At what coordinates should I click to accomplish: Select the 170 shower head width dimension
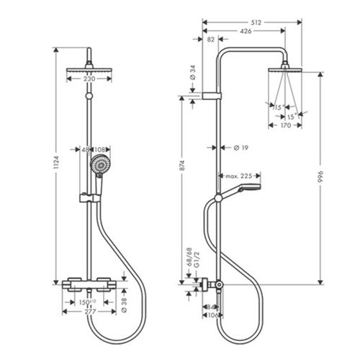point(286,125)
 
